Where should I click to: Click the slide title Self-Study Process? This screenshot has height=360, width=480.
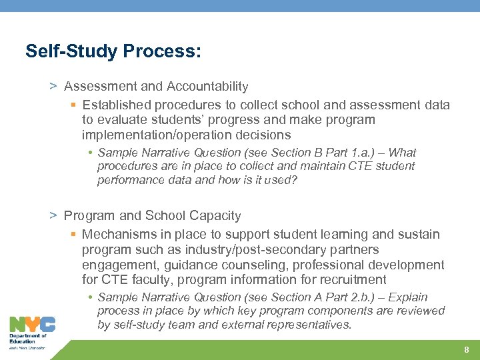pyautogui.click(x=113, y=51)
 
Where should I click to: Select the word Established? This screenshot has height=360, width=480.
pyautogui.click(x=116, y=105)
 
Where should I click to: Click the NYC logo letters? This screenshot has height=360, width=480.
pyautogui.click(x=32, y=325)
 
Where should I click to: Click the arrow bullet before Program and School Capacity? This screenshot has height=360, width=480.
pyautogui.click(x=53, y=215)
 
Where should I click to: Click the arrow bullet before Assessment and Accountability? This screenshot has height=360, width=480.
pyautogui.click(x=53, y=86)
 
